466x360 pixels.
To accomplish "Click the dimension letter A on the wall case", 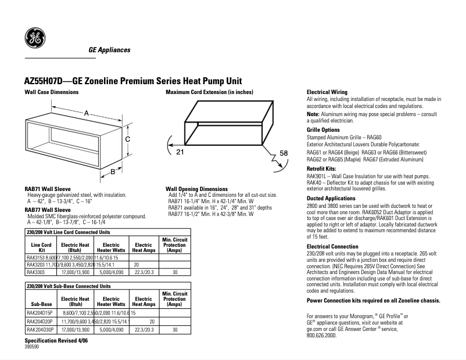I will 85,113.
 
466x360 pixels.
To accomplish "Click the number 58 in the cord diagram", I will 284,153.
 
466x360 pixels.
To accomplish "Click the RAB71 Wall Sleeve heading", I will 48,189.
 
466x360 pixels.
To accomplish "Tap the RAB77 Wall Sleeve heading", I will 48,210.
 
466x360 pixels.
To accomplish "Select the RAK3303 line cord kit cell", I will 37,272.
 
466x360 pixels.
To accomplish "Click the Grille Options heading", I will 323,129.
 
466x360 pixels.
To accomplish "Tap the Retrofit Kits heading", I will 321,168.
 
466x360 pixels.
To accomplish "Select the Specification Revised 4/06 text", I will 54,340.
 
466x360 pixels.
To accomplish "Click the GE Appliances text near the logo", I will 109,50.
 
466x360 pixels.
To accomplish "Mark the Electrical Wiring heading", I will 327,92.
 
